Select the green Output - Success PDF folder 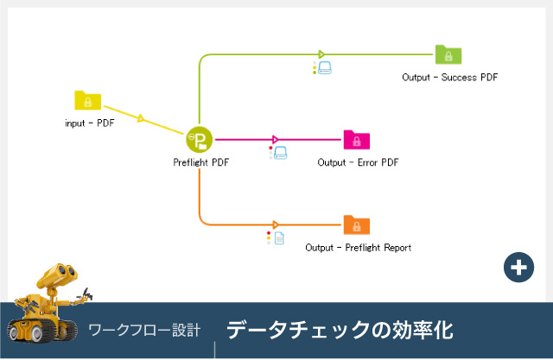pos(448,55)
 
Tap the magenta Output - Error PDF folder pos(356,140)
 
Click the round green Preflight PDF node pos(199,139)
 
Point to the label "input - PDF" pos(90,123)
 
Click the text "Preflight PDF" pos(200,161)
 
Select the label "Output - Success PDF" pos(449,78)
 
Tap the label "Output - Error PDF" pos(358,161)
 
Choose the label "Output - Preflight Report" pos(358,248)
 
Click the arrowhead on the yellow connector pos(141,118)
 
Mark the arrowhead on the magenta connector pos(275,139)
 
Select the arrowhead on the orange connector pos(275,224)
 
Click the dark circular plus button pos(518,268)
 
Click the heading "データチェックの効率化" pos(340,330)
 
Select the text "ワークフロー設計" pos(144,331)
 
